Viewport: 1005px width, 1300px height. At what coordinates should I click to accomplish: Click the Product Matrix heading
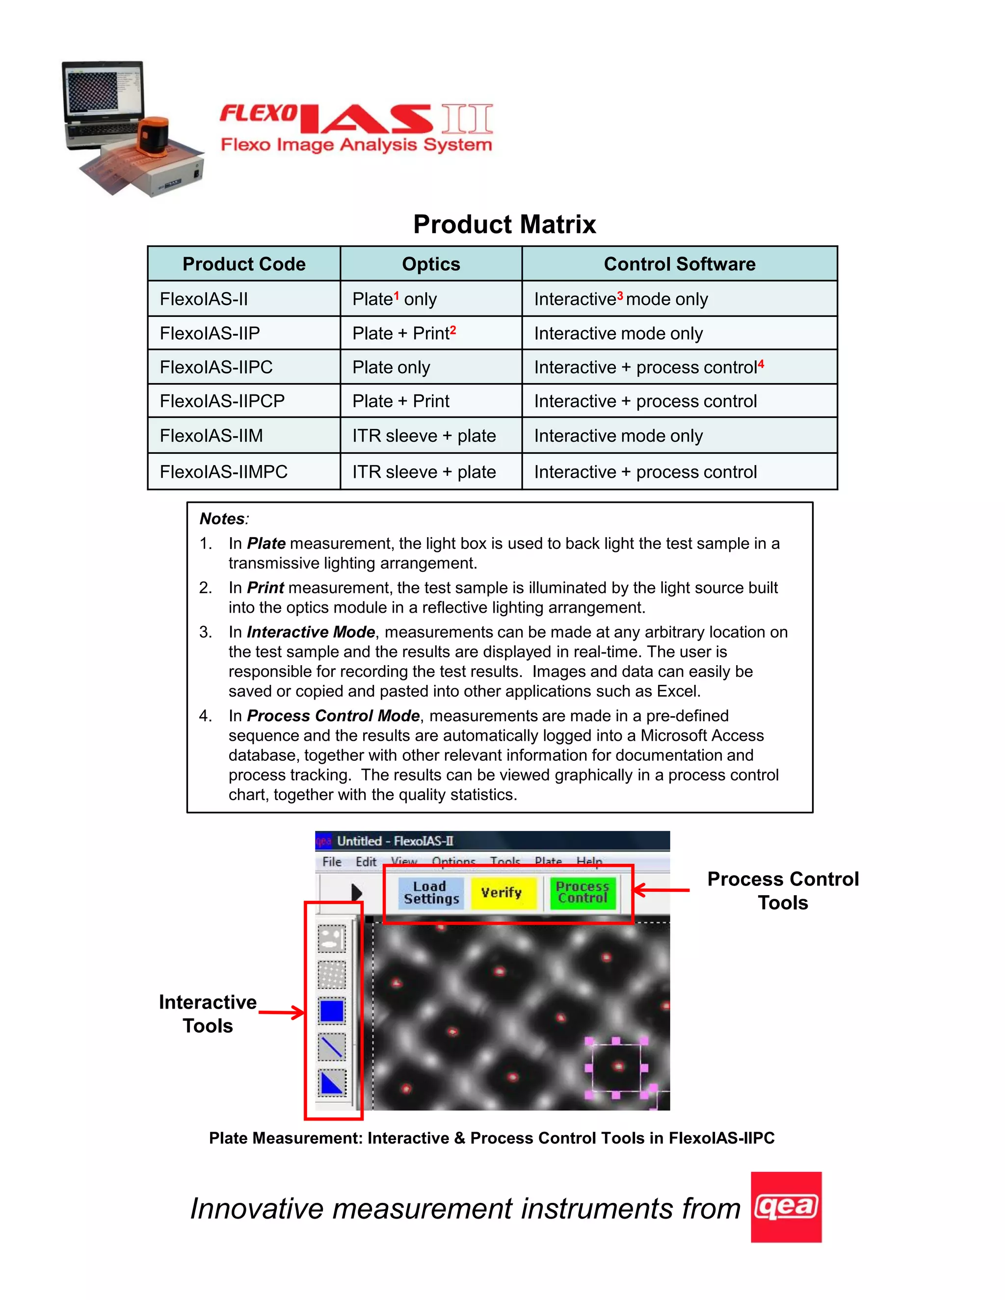tap(504, 224)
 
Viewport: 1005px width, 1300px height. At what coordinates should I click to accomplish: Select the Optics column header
tap(431, 264)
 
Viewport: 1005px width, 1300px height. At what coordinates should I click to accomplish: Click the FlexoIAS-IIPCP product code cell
tap(222, 401)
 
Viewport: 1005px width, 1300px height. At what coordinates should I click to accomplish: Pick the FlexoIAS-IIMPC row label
tap(223, 472)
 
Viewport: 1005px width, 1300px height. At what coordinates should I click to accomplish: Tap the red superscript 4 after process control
tap(761, 363)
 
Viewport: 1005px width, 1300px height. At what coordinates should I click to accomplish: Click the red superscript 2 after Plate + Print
tap(452, 329)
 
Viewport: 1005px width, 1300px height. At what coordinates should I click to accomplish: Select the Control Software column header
tap(679, 264)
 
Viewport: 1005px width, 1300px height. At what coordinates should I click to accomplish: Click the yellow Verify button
tap(502, 892)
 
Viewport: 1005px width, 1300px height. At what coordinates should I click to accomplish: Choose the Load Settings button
tap(431, 892)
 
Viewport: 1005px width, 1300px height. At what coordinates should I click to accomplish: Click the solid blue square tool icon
tap(332, 1011)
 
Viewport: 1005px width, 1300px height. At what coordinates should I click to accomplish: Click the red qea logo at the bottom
tap(786, 1207)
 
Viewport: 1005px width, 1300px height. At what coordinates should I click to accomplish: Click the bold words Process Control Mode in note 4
tap(333, 715)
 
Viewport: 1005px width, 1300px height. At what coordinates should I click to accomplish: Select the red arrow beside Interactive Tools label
tap(281, 1013)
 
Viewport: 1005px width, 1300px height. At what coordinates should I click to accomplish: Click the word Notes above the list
tap(222, 519)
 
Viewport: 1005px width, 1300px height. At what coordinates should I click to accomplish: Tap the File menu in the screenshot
tap(332, 861)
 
